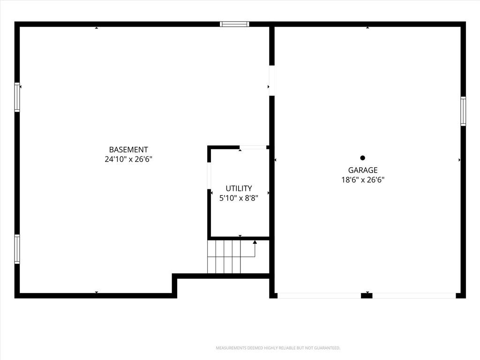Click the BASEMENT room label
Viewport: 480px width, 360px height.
click(x=128, y=150)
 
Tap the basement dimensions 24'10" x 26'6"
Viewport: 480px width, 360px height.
click(x=128, y=159)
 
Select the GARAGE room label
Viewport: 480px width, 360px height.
click(x=363, y=170)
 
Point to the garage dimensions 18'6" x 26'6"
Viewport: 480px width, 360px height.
click(x=363, y=180)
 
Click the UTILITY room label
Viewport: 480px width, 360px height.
click(x=239, y=188)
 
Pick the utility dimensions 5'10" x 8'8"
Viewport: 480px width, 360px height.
click(x=239, y=198)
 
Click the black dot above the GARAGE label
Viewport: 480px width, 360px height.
click(x=363, y=158)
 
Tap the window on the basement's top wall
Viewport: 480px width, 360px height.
click(x=234, y=24)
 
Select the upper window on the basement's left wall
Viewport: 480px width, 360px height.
click(x=17, y=97)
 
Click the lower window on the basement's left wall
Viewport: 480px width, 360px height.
click(x=17, y=249)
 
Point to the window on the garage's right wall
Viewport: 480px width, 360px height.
click(x=463, y=111)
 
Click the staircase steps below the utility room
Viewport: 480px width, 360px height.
click(x=224, y=256)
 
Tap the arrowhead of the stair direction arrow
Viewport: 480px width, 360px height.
click(x=255, y=242)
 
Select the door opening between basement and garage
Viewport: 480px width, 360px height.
click(x=272, y=81)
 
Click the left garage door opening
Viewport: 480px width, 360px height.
click(x=319, y=296)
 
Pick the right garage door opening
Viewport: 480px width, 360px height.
click(x=414, y=296)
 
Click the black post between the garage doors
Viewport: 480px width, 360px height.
click(x=367, y=296)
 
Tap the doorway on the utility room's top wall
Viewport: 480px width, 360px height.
click(x=253, y=148)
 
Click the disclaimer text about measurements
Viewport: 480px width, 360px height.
click(x=278, y=348)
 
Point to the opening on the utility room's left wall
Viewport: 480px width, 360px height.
click(x=210, y=176)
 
